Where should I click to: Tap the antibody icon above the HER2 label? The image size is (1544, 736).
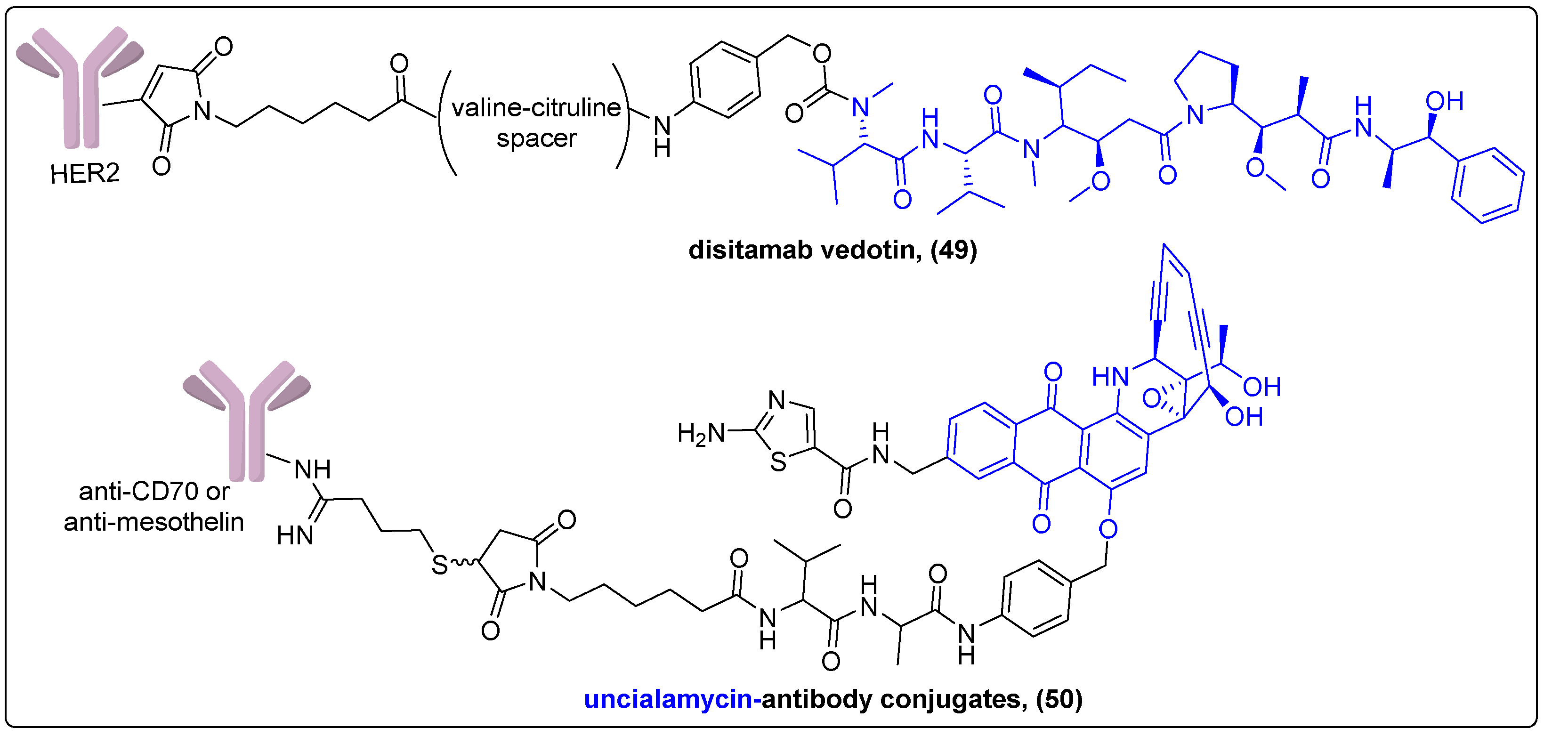80,84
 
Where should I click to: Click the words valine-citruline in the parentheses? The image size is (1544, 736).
536,108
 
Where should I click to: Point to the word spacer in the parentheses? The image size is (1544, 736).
536,139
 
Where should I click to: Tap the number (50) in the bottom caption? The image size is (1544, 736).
1059,699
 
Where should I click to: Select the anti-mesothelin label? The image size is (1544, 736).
154,522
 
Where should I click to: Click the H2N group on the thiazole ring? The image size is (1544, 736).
700,433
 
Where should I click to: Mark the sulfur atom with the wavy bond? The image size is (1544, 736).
440,565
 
